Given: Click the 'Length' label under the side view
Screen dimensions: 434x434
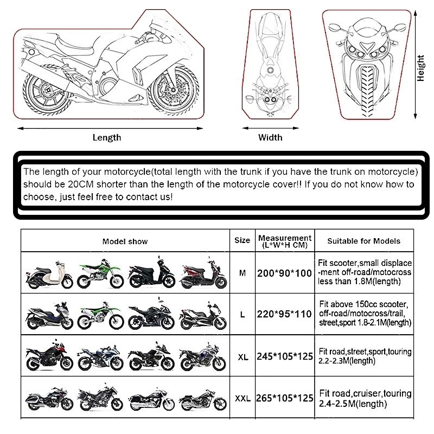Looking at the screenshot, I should coord(107,138).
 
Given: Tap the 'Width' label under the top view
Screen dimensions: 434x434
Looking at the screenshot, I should coord(270,137).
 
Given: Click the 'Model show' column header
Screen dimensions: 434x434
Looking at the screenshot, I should coord(125,241).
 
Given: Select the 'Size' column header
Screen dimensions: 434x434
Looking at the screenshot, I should coord(242,240).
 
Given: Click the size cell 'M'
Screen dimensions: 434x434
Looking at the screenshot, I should coord(242,273).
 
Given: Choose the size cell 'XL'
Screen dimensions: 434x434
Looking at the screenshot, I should coord(243,358).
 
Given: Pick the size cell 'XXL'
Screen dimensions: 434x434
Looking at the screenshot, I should coord(242,398).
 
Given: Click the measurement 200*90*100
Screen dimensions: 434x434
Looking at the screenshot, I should coord(285,273).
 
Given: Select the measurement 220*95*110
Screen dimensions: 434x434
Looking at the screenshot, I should coord(285,315).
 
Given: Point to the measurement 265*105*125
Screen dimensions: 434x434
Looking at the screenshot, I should coord(285,398).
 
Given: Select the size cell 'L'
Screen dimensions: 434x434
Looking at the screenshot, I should coord(242,315).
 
